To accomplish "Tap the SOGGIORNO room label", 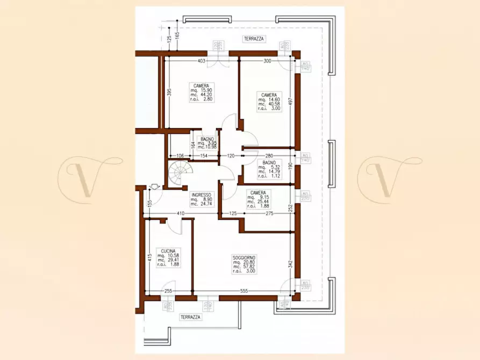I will click(x=244, y=257).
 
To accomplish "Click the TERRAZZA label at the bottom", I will click(x=191, y=317).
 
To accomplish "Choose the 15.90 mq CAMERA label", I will click(x=201, y=85).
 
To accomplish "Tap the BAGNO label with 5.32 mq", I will click(x=269, y=163).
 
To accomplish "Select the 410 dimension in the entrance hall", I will click(x=181, y=214).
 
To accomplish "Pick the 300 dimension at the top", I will click(x=267, y=61).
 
